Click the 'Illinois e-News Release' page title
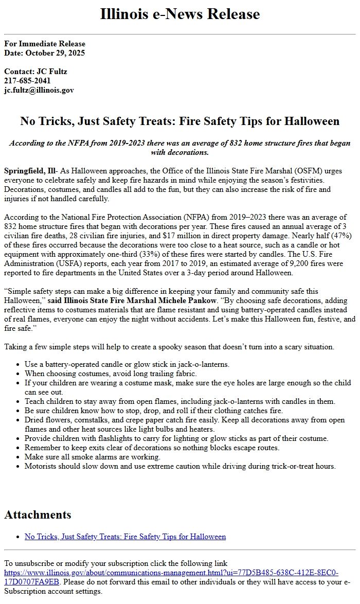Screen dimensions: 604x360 point(179,14)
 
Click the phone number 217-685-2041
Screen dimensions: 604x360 point(27,81)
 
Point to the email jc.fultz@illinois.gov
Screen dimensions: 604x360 point(39,90)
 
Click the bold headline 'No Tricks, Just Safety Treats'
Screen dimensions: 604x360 point(179,121)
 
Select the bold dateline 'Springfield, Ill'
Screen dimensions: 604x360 point(30,171)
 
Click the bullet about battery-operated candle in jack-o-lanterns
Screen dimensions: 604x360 point(127,364)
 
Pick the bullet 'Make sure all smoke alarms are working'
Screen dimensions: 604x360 point(93,457)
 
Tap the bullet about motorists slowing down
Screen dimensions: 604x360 point(180,466)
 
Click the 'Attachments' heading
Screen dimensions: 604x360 point(38,514)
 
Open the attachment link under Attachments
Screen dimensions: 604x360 point(125,537)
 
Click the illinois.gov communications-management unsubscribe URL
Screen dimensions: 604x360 point(171,573)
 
